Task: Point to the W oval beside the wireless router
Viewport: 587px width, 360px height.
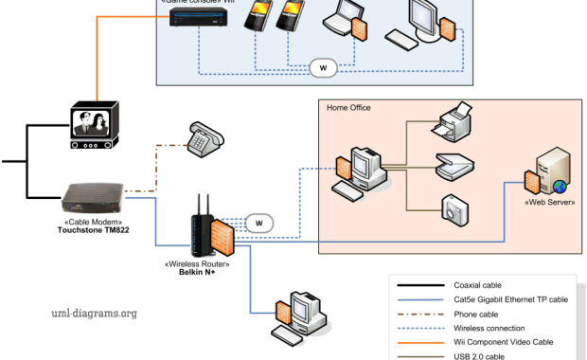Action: pos(258,223)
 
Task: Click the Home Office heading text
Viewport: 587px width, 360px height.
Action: pos(348,108)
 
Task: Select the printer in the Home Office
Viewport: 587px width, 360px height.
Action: pos(449,121)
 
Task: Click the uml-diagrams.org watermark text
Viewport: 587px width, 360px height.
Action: pos(94,313)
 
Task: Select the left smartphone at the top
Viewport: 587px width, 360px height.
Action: pos(258,17)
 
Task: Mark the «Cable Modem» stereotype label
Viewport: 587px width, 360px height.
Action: pos(92,220)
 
